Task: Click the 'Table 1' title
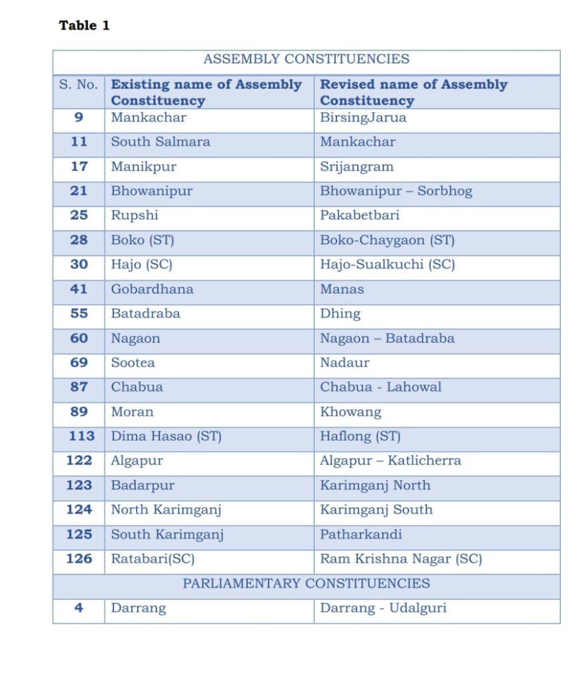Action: (x=84, y=25)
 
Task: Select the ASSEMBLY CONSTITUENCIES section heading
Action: (x=306, y=59)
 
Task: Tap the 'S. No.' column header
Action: (x=79, y=85)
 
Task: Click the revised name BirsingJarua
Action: (x=363, y=118)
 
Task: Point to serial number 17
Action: (x=79, y=166)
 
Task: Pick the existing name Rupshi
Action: (x=134, y=215)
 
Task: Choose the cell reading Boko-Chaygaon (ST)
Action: (x=387, y=240)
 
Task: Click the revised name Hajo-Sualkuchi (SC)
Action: (x=387, y=265)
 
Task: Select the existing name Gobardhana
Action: (x=152, y=289)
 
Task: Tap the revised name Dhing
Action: (x=340, y=314)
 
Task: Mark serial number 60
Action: (x=79, y=338)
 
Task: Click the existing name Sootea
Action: (x=133, y=362)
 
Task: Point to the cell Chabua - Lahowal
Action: (x=381, y=387)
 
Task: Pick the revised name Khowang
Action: (x=350, y=411)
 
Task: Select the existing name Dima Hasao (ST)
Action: (x=166, y=436)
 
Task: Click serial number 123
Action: (x=79, y=485)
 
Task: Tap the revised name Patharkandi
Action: (x=361, y=534)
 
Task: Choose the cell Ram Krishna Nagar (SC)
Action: (x=401, y=559)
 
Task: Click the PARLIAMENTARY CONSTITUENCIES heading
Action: (x=306, y=583)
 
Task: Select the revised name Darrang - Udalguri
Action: (x=383, y=608)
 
